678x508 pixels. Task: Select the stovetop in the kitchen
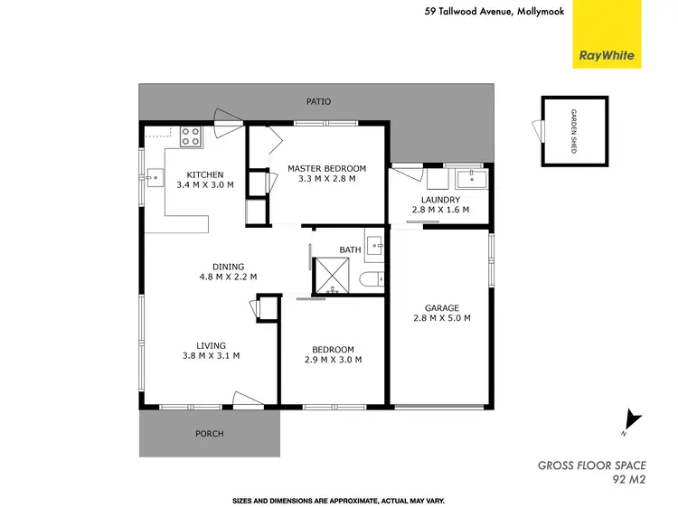[x=190, y=136]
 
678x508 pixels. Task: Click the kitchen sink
[x=153, y=176]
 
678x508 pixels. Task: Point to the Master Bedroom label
[x=326, y=174]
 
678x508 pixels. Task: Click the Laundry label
[x=440, y=204]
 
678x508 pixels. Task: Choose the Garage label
[x=441, y=313]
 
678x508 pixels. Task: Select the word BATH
[x=350, y=249]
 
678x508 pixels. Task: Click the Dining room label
[x=228, y=271]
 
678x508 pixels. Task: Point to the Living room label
[x=212, y=350]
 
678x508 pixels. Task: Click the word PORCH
[x=209, y=434]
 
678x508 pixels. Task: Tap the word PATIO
[x=315, y=103]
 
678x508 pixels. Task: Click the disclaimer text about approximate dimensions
[x=338, y=500]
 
